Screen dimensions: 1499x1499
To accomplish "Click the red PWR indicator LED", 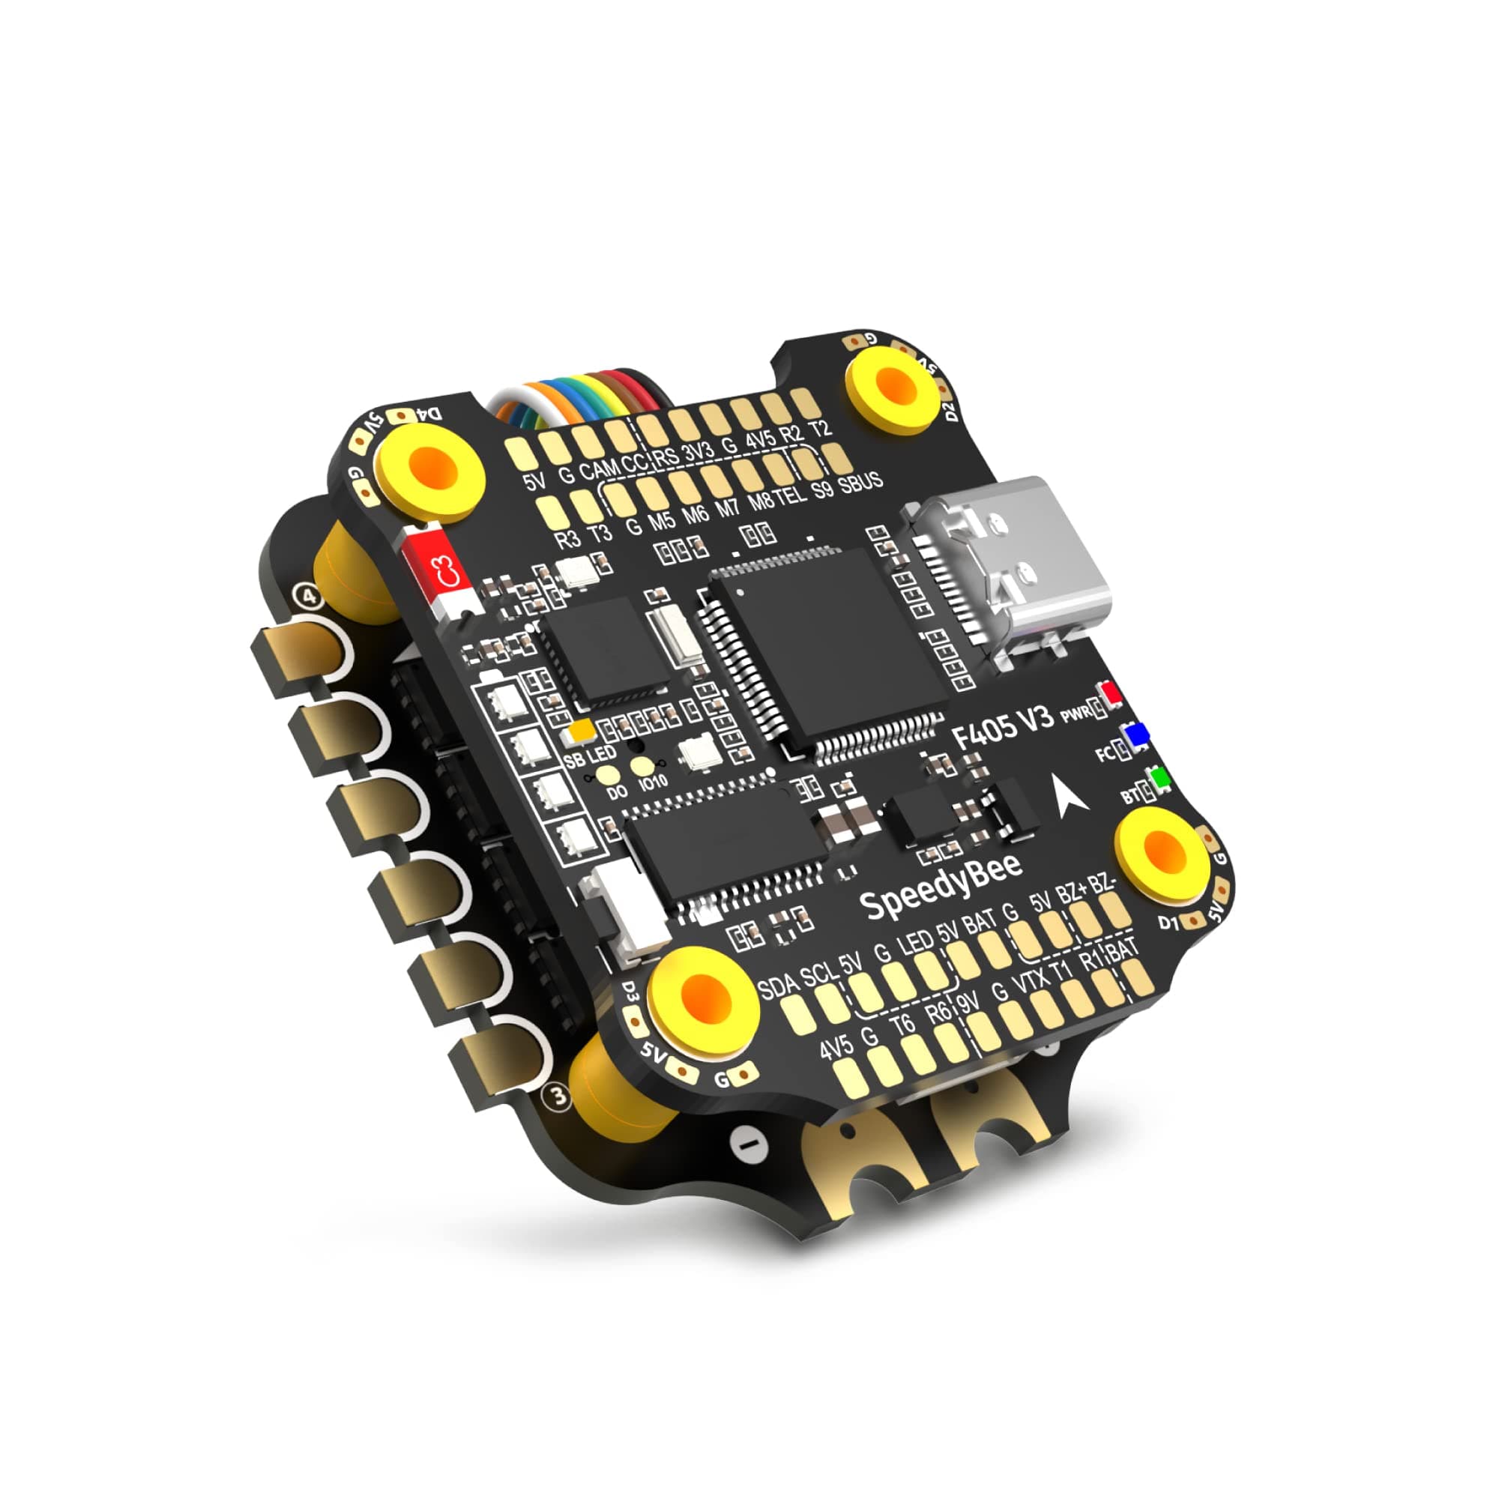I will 1112,693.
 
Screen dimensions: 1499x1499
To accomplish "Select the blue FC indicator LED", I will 1137,735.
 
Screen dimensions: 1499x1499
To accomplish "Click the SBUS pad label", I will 860,483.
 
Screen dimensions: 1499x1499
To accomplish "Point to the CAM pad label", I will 599,468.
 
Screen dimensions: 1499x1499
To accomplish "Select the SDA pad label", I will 777,986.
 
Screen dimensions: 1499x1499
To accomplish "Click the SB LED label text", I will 590,755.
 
